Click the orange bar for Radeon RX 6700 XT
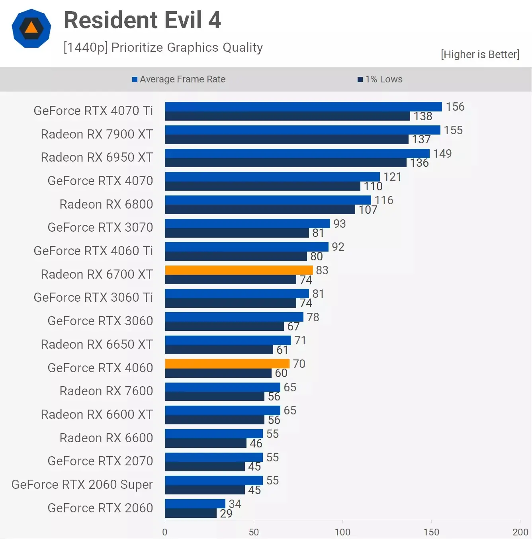click(x=239, y=270)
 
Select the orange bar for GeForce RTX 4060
click(x=227, y=363)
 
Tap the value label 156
click(x=455, y=107)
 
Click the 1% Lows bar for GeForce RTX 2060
click(x=191, y=513)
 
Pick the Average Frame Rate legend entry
click(x=179, y=79)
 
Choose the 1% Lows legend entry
click(x=380, y=79)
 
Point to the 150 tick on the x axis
click(x=431, y=532)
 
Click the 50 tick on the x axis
click(x=254, y=532)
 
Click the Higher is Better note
click(x=480, y=55)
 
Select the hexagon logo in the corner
click(x=31, y=28)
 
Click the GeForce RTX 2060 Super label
click(x=82, y=484)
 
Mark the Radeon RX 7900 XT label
click(x=97, y=134)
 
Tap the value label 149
click(x=442, y=154)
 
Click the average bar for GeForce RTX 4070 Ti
click(x=303, y=107)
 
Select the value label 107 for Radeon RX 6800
click(x=368, y=210)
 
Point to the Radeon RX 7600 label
click(x=106, y=391)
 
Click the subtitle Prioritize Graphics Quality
click(x=163, y=47)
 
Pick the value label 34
click(x=235, y=504)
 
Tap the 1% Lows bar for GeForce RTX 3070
click(x=237, y=233)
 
